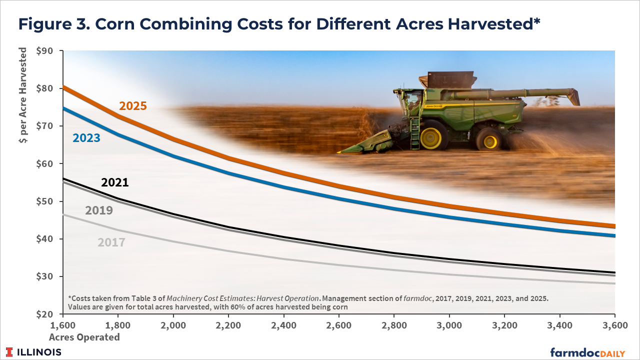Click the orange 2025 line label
click(133, 106)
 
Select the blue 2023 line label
click(86, 138)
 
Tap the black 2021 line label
click(115, 182)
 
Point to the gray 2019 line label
click(99, 210)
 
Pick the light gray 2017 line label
click(111, 242)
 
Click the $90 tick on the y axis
click(44, 51)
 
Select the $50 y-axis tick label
click(44, 201)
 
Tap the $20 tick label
click(44, 314)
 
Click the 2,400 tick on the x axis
click(283, 325)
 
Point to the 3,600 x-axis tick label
click(615, 325)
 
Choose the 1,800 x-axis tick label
click(117, 325)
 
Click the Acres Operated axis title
click(84, 337)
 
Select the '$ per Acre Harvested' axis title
click(23, 95)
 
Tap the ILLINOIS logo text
click(39, 352)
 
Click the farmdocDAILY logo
click(587, 352)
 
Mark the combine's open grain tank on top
click(448, 79)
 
